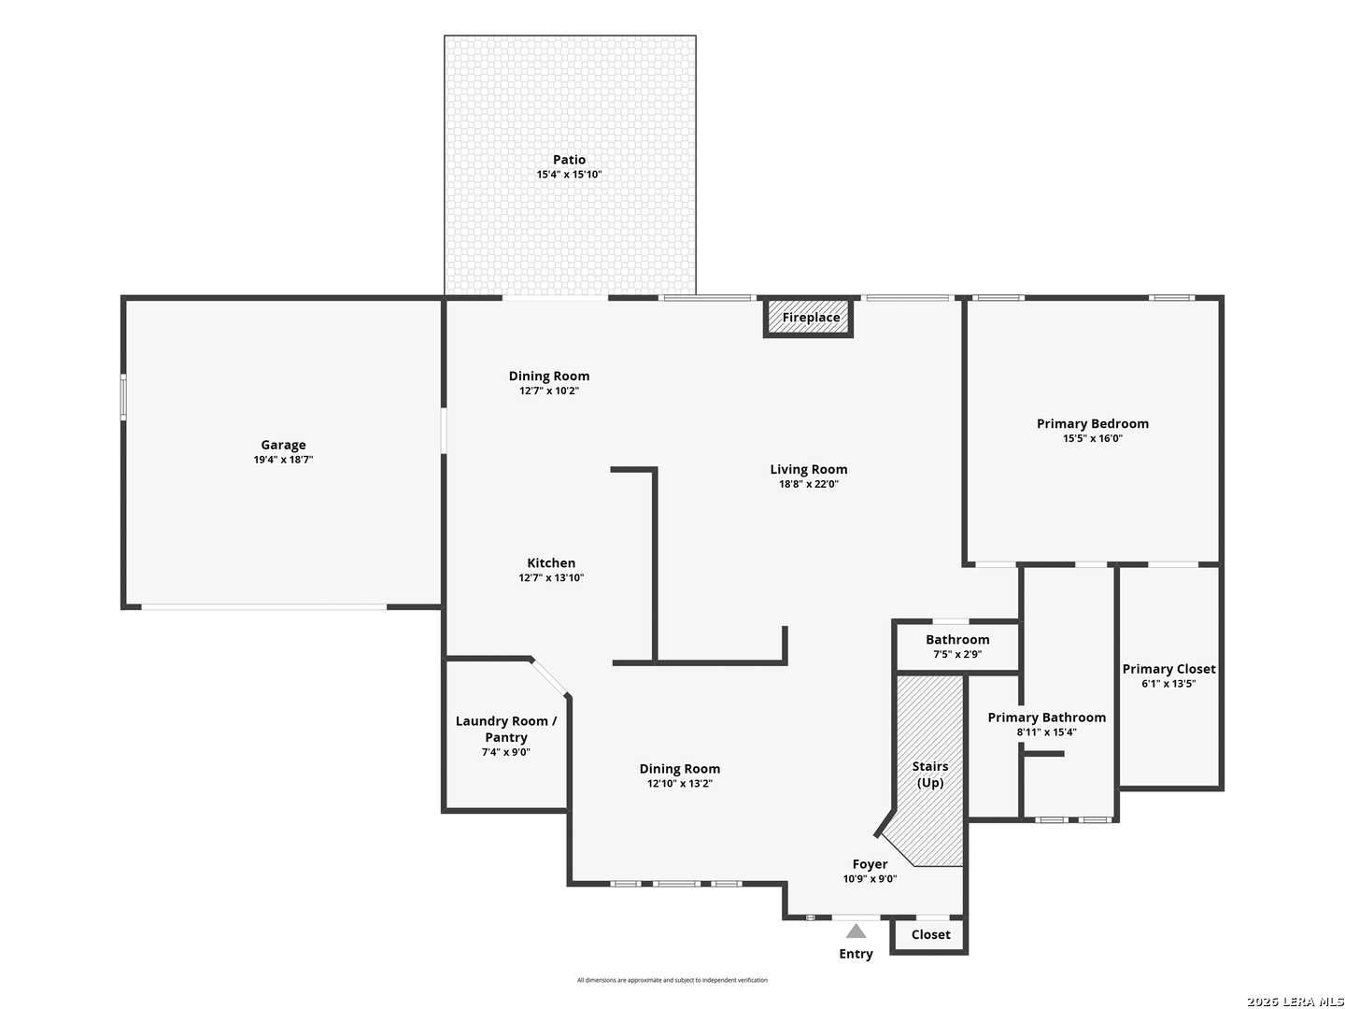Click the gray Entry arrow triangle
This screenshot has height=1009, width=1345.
pos(856,931)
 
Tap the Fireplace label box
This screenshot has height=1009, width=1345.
pos(808,318)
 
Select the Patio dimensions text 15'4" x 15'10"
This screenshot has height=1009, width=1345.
pos(569,175)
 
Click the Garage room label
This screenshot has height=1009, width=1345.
pos(283,445)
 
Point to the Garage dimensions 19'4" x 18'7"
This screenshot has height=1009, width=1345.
pos(283,460)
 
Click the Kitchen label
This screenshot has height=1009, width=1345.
pos(551,563)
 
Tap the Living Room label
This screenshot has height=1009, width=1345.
pos(808,469)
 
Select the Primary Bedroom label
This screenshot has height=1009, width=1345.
pos(1092,423)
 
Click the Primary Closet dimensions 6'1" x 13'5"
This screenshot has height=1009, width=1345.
pos(1168,684)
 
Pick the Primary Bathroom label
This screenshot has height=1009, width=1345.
pos(1046,718)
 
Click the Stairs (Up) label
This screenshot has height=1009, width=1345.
pos(929,775)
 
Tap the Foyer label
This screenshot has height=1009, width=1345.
pos(870,864)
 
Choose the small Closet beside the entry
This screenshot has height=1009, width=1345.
pos(929,935)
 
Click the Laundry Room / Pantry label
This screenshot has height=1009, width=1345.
pos(505,729)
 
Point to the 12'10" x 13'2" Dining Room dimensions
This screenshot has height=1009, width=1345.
pos(680,784)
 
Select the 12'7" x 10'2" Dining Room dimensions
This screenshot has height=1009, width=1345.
pos(549,391)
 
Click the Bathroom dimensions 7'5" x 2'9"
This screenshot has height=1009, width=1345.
pos(957,654)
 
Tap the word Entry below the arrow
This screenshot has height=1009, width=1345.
pos(856,954)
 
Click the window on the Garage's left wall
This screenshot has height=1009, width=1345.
pos(123,397)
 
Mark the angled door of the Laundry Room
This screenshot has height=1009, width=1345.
pos(549,677)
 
